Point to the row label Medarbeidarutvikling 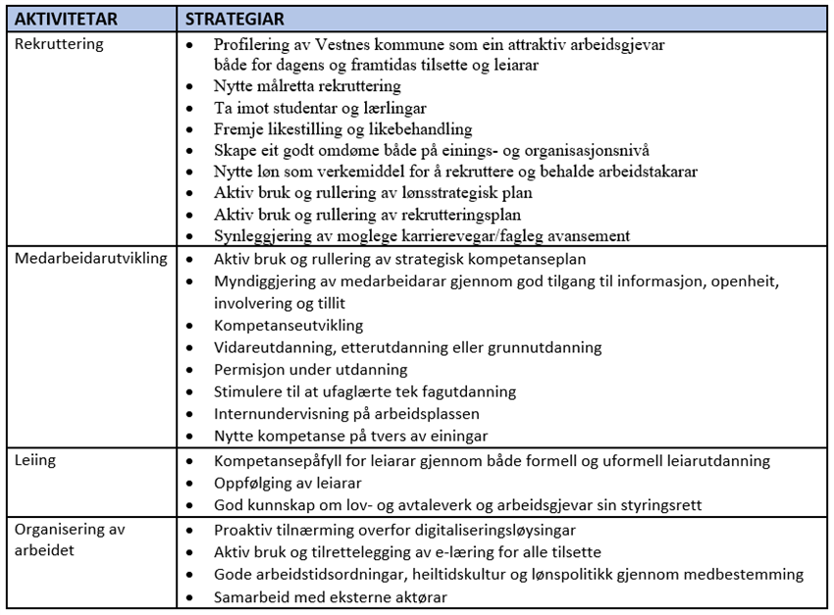91,259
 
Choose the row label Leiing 35,460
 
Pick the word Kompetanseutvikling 288,325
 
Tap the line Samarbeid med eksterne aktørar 328,597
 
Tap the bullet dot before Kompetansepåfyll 190,461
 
